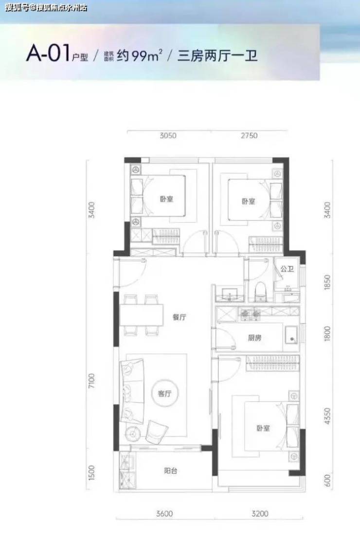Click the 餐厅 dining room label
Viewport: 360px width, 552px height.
179,317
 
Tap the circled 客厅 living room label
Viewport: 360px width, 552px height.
165,394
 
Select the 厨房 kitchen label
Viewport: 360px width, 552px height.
254,338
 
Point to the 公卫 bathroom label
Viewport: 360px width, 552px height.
287,269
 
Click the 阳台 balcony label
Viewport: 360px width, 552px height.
171,471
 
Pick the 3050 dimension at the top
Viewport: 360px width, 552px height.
168,135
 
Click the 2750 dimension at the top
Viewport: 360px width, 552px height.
249,135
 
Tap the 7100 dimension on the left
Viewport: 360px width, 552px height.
92,381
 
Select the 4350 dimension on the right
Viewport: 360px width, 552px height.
327,416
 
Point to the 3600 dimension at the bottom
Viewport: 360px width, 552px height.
164,514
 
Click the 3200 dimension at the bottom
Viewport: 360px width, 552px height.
260,514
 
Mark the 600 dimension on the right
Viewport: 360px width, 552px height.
327,480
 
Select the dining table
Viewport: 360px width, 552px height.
141,315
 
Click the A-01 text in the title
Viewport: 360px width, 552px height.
48,54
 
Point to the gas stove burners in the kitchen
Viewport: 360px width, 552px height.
249,313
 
